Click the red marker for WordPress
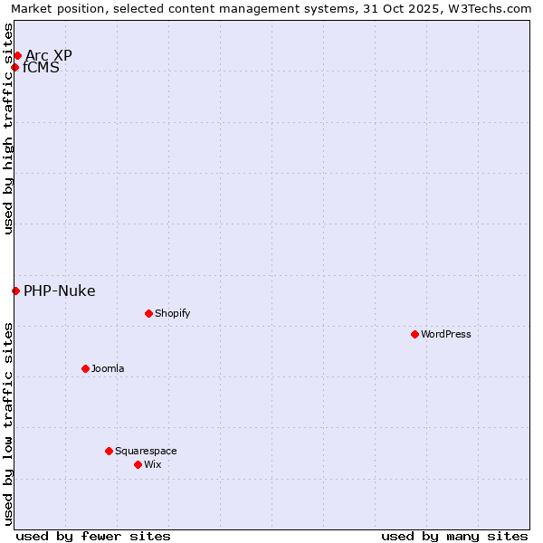point(414,334)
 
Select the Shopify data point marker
point(148,313)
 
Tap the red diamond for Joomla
point(85,368)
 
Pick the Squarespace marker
point(109,451)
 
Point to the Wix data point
point(138,464)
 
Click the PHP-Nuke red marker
point(15,291)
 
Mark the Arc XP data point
point(17,55)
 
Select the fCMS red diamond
point(14,67)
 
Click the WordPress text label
point(446,334)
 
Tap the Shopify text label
point(172,313)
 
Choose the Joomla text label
point(108,368)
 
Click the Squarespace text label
point(146,451)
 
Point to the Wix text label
point(152,464)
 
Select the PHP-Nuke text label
point(60,291)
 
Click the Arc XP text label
point(49,55)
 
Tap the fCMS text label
point(41,67)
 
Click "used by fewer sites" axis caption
point(93,536)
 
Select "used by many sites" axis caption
point(454,536)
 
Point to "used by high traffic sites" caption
point(8,129)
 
